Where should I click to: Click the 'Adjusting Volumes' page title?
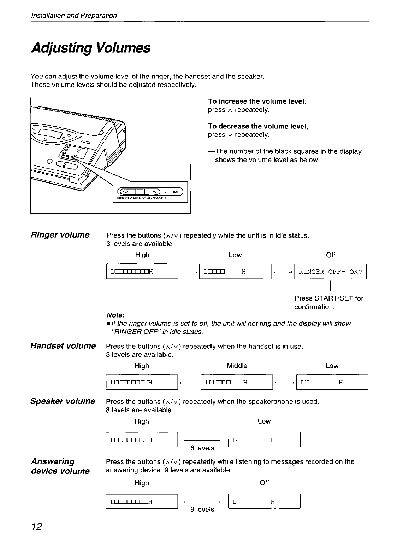91,48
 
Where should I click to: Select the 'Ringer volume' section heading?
60,235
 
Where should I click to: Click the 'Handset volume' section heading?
63,345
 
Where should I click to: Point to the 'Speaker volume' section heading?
63,401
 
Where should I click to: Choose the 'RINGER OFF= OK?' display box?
330,272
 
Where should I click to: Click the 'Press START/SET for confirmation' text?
329,302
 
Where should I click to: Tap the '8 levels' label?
202,448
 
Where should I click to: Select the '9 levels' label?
202,509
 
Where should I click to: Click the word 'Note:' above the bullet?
115,315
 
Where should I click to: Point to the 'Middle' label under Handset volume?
237,366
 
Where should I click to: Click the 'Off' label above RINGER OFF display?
330,255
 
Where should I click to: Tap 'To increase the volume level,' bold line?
257,101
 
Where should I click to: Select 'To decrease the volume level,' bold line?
258,126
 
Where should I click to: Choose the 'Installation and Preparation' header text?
73,16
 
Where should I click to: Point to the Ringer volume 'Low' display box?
235,272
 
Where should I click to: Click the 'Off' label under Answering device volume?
264,483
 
